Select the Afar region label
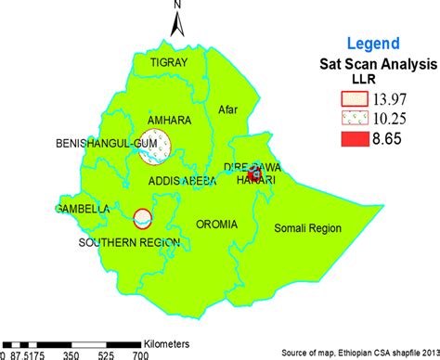coord(228,109)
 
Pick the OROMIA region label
coord(217,224)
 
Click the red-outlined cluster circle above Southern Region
coord(142,218)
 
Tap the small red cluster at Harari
coord(253,174)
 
